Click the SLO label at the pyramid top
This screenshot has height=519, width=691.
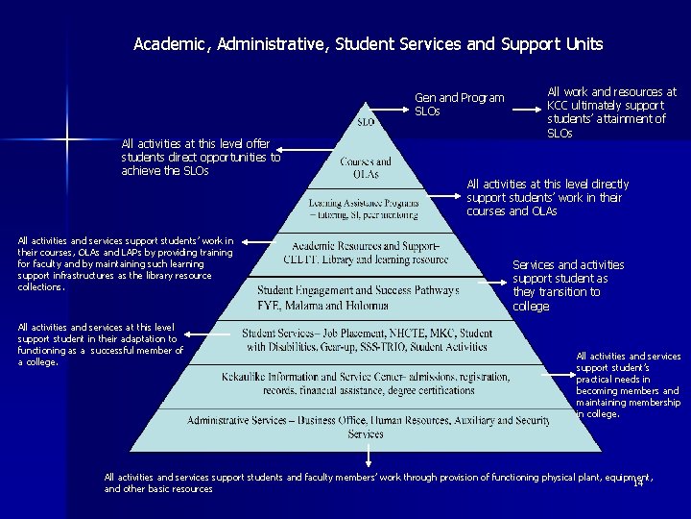tap(366, 122)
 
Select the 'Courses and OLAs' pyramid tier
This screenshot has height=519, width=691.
tap(366, 167)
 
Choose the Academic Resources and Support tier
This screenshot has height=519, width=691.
tap(365, 253)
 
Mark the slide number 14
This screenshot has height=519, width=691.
tap(637, 482)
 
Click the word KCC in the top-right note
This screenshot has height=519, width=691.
tap(559, 106)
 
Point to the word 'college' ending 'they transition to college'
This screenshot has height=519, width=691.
tap(531, 306)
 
